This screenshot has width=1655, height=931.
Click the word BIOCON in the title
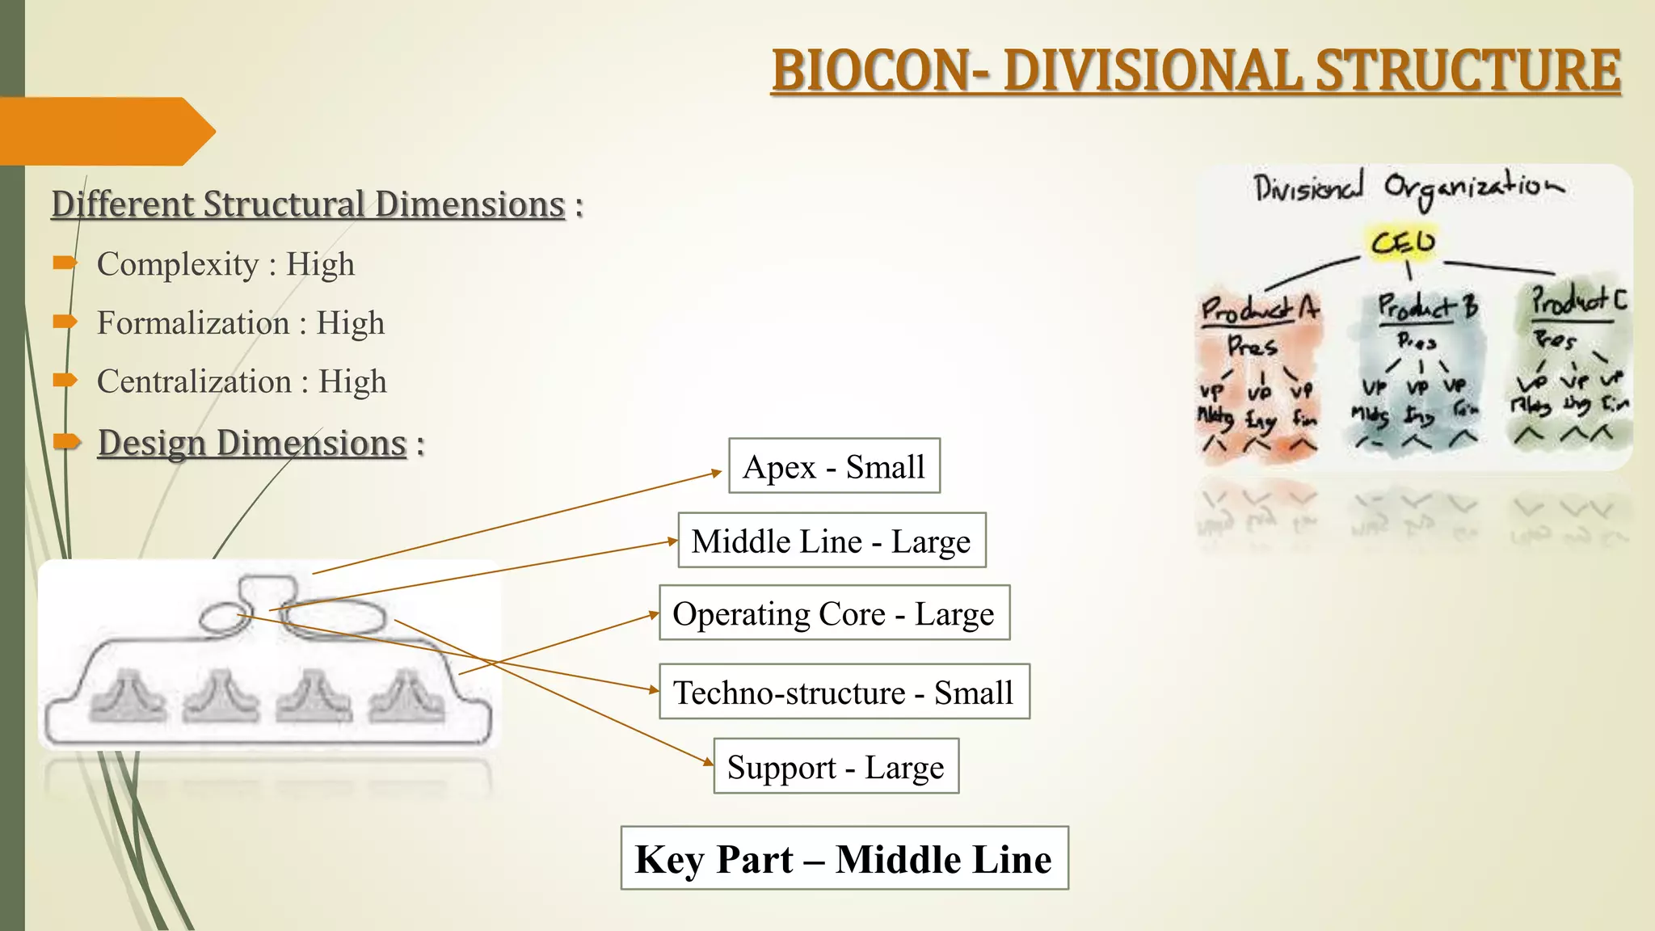[x=871, y=71]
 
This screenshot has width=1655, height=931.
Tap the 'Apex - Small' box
[x=834, y=466]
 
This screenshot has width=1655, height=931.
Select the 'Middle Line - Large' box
[x=832, y=541]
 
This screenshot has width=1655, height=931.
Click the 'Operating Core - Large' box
[x=834, y=613]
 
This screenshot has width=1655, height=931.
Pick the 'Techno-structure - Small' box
[x=844, y=693]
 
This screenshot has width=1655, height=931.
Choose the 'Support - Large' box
[x=836, y=766]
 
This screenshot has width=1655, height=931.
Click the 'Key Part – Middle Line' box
[x=844, y=858]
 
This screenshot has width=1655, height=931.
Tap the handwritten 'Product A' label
[x=1258, y=309]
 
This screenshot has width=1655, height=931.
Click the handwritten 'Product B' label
[x=1427, y=306]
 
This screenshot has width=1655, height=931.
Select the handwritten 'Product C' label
[x=1578, y=301]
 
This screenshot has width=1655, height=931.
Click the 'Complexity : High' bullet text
[x=225, y=264]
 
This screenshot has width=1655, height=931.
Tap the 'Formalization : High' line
[x=241, y=323]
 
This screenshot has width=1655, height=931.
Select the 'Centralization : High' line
[x=242, y=381]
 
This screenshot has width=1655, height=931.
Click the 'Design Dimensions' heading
[x=252, y=443]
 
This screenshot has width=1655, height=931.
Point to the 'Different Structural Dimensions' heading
[x=308, y=204]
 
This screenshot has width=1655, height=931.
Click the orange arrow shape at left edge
[x=105, y=132]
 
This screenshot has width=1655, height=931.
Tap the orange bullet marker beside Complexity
[x=65, y=263]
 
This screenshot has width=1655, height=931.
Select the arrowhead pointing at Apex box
[x=716, y=472]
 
